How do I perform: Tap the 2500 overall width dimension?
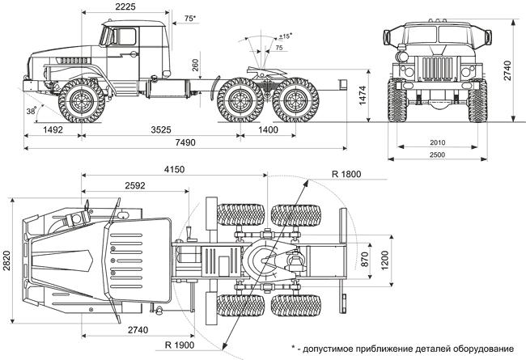[x=441, y=154]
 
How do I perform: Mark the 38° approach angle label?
[x=32, y=112]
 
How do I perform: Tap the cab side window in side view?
[x=125, y=37]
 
